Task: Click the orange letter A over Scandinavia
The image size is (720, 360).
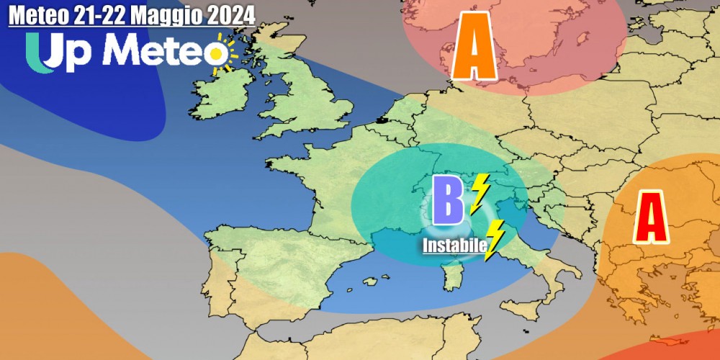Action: (474, 48)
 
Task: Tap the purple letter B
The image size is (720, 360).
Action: (448, 200)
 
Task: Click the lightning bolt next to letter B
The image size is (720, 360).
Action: (479, 193)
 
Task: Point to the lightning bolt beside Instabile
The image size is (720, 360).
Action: (495, 240)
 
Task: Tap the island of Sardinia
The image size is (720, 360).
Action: (453, 276)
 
